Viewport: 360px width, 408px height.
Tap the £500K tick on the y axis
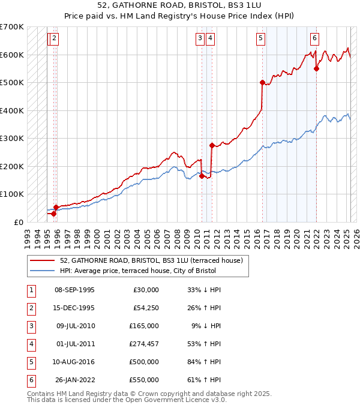pos(12,82)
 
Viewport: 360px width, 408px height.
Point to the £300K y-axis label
pos(12,138)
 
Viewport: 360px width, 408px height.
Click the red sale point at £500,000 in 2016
pos(262,82)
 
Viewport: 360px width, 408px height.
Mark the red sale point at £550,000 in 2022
pos(316,68)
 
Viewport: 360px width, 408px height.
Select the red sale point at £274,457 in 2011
pos(211,145)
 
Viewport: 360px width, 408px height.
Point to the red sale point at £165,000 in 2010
pos(202,176)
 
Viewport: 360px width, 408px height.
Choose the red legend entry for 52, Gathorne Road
pos(151,260)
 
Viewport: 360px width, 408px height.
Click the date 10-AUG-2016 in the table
pos(74,362)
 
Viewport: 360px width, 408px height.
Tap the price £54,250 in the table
pos(145,308)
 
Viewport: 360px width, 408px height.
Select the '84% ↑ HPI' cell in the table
pos(204,362)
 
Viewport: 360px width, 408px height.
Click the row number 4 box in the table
pos(30,344)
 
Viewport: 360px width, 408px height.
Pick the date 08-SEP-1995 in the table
pos(74,290)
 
